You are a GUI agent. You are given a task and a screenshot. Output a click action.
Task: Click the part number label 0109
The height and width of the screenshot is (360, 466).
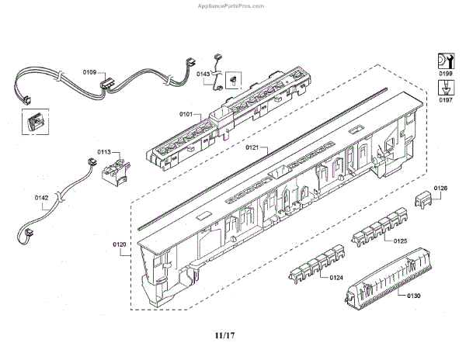coord(89,72)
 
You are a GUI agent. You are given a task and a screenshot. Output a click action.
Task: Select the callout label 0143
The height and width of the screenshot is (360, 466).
coord(203,74)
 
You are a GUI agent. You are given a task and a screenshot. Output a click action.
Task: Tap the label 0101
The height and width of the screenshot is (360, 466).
coord(186,114)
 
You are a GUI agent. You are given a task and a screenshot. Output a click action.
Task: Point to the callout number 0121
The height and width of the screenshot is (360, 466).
coord(252,147)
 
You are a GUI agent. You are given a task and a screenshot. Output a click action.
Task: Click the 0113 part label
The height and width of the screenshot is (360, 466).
coord(104,152)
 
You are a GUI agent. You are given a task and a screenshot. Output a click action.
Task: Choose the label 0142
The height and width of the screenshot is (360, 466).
coord(41,198)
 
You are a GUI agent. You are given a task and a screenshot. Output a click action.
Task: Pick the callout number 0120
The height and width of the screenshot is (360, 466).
coord(119,244)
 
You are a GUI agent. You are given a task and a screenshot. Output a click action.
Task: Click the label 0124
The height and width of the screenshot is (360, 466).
coord(336,278)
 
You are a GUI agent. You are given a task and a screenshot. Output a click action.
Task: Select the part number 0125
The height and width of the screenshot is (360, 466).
coord(400,241)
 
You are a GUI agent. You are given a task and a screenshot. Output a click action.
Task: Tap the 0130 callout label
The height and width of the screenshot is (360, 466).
coord(414,296)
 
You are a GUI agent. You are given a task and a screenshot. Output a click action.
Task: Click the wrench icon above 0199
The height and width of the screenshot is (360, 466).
coord(446,61)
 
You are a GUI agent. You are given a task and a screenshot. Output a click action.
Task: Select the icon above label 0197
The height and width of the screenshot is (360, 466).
coord(446,88)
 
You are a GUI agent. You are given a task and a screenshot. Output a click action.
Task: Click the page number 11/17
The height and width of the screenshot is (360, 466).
coord(224,336)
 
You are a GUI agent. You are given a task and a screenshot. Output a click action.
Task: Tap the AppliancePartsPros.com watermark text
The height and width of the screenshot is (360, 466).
coord(231,6)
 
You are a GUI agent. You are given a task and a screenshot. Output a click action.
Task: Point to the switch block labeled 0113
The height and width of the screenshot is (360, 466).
coord(116,171)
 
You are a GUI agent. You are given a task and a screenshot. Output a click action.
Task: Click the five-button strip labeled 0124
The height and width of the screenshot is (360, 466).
coord(317,264)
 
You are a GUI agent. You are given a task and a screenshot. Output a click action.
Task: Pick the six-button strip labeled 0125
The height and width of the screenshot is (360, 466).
coord(380,227)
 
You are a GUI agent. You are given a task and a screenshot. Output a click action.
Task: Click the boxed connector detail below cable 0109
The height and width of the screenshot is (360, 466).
coord(36,121)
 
